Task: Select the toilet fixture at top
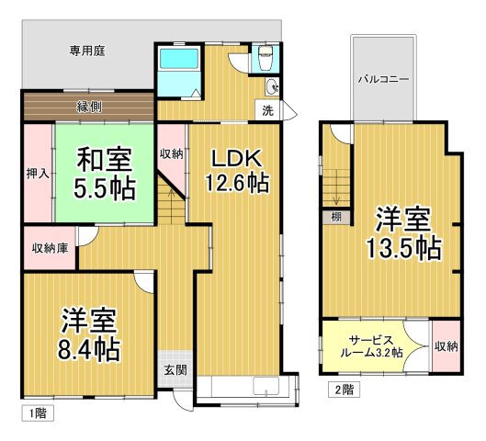click(x=266, y=58)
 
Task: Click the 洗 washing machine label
click(x=267, y=111)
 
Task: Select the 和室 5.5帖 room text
click(x=104, y=173)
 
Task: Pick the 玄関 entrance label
click(x=175, y=370)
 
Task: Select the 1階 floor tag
click(x=37, y=414)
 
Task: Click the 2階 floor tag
click(x=343, y=389)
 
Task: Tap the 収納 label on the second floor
click(x=446, y=346)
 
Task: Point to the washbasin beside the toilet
click(x=270, y=87)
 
